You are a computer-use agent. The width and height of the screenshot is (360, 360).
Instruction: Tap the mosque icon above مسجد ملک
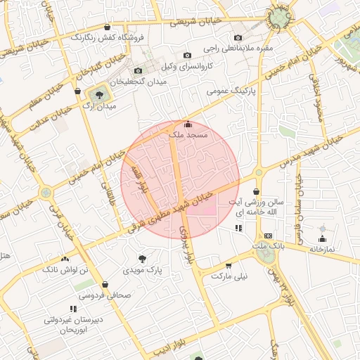point(186,124)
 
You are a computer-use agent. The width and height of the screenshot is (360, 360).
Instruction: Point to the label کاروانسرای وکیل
point(186,68)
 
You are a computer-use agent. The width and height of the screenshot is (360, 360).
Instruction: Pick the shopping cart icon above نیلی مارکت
point(229,266)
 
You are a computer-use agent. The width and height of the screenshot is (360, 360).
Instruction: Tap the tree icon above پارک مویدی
point(143,258)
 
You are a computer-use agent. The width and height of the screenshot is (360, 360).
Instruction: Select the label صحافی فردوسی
point(105,296)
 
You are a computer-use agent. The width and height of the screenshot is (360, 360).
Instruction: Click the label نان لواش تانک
point(65,269)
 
